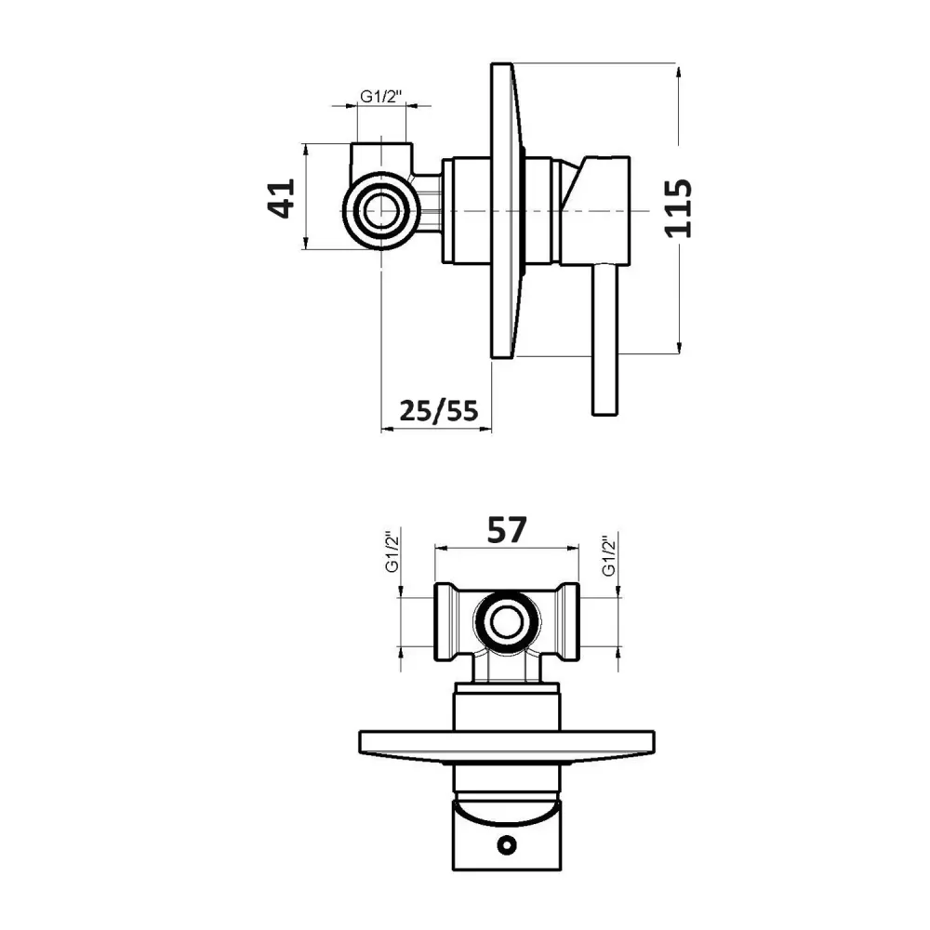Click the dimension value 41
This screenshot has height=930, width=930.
281,199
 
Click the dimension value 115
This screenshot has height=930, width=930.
678,208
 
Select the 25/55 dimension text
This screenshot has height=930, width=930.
438,410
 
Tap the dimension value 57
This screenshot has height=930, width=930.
507,530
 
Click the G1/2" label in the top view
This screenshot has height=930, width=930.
380,96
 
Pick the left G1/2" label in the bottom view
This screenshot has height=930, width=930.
392,551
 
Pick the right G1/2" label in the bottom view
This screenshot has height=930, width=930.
609,555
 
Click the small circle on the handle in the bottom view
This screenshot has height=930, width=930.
506,845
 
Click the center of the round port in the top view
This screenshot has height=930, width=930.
380,211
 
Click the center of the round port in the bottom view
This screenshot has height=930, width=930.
507,623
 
